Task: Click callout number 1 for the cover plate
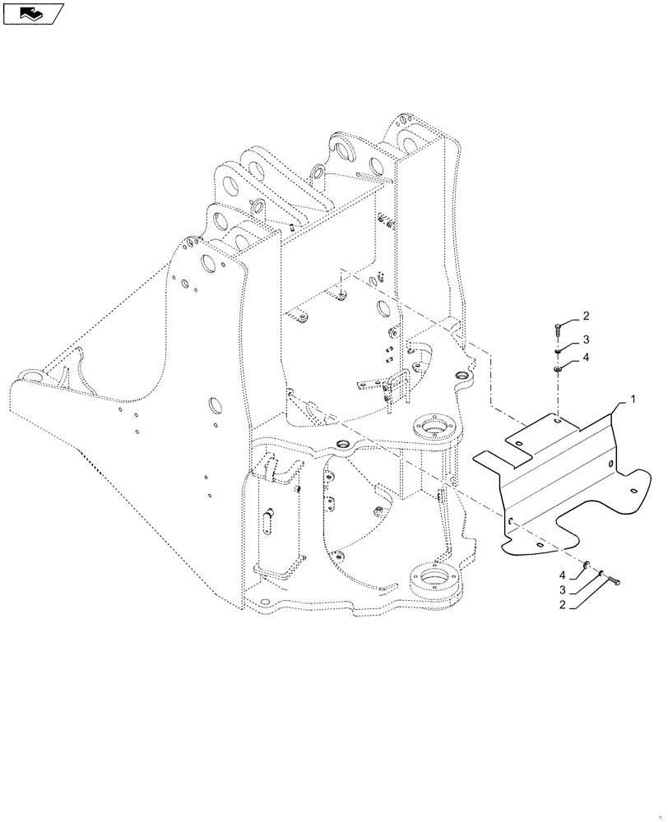coord(632,399)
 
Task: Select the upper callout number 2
coord(586,316)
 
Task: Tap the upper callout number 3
coord(586,339)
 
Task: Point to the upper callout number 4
coord(586,358)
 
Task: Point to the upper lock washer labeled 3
coord(557,352)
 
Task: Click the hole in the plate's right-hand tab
coord(633,492)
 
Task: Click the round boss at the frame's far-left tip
coord(31,376)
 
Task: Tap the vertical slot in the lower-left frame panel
coord(268,520)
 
